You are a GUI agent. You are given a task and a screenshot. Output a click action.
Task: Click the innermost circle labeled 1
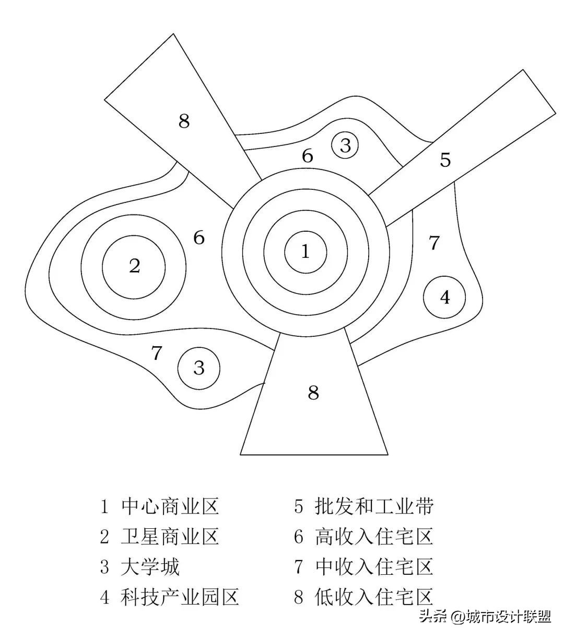click(305, 252)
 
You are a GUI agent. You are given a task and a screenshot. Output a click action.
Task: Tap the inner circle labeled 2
click(134, 267)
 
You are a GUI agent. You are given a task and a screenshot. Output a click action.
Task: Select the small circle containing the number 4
click(444, 297)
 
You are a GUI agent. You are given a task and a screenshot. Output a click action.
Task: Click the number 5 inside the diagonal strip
click(445, 160)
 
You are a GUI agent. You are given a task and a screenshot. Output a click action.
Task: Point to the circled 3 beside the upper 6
click(345, 145)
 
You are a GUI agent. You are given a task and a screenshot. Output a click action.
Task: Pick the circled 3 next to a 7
click(198, 368)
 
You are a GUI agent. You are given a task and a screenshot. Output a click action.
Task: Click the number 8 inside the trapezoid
click(313, 392)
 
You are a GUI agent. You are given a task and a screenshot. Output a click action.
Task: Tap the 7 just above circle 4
click(434, 243)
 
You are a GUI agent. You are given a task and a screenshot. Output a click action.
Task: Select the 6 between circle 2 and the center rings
click(199, 238)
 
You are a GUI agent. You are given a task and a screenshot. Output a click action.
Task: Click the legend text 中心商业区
click(170, 506)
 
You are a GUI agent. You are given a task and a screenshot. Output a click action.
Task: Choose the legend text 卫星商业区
click(170, 537)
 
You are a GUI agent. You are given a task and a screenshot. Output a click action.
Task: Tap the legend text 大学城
click(150, 567)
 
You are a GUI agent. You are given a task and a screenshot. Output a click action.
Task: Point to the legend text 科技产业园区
click(180, 597)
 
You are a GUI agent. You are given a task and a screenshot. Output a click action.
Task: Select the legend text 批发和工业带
click(374, 506)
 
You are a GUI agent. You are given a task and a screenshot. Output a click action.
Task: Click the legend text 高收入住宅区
click(374, 537)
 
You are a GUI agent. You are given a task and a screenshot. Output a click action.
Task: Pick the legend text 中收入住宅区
click(374, 567)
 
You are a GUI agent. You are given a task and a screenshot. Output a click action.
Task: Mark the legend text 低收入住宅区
click(374, 597)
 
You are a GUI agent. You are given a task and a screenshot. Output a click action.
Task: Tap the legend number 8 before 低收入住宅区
click(299, 597)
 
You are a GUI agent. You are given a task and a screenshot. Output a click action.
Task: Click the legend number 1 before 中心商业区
click(104, 506)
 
